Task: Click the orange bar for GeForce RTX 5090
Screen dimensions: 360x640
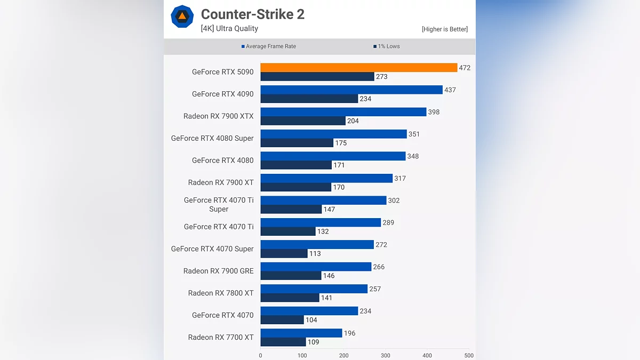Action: (x=358, y=68)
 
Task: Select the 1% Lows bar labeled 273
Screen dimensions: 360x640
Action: (x=317, y=77)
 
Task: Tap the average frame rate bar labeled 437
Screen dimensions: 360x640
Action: (x=351, y=90)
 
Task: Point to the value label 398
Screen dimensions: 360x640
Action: (x=434, y=112)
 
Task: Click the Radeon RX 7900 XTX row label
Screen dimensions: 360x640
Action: (x=218, y=116)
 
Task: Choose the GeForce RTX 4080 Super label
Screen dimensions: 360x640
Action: (x=212, y=138)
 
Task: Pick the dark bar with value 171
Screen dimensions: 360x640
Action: (x=296, y=165)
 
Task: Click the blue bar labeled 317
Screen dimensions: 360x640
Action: (x=326, y=178)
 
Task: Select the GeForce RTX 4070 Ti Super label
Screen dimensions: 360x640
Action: (x=219, y=204)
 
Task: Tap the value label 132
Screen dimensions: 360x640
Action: (x=323, y=231)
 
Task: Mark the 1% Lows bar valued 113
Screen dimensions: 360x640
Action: (x=284, y=254)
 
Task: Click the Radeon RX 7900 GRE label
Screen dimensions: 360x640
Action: (x=218, y=271)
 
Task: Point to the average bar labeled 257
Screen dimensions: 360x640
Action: (x=314, y=289)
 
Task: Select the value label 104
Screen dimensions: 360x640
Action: (x=311, y=320)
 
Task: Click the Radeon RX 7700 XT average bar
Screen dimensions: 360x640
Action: (x=301, y=333)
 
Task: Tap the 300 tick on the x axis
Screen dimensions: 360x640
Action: (x=386, y=355)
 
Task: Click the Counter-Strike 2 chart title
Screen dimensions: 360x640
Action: (x=252, y=14)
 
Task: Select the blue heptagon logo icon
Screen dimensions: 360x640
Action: (x=182, y=17)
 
